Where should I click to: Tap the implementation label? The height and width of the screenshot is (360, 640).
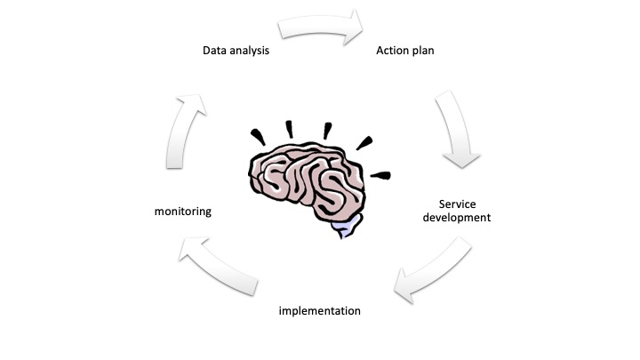click(320, 311)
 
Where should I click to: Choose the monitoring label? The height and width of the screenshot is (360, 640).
click(182, 212)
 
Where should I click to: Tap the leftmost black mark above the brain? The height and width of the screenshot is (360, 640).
click(259, 136)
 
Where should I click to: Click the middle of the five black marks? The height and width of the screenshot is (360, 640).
click(328, 130)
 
